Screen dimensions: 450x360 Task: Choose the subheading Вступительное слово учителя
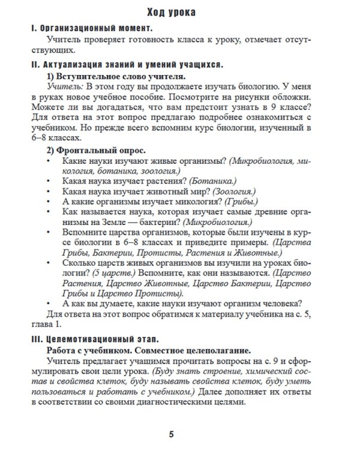pyautogui.click(x=121, y=76)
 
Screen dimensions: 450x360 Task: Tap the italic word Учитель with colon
pyautogui.click(x=65, y=88)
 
